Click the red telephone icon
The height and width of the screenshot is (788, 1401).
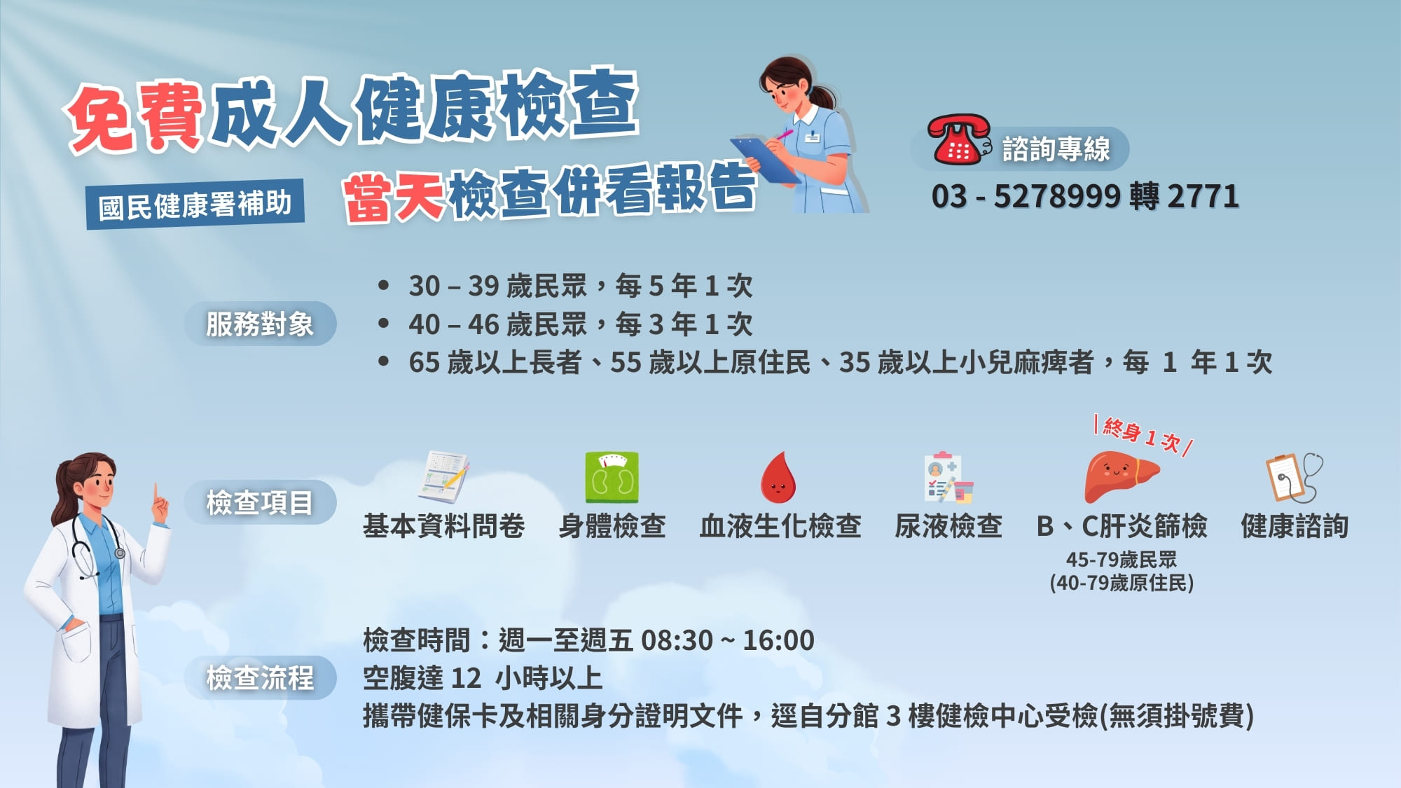click(x=958, y=141)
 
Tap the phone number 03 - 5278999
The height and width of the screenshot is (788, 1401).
click(x=1026, y=197)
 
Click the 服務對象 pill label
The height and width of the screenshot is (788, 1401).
click(x=260, y=324)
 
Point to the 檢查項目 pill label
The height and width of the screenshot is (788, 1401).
click(x=260, y=502)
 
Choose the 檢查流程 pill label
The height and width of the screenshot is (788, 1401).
click(x=260, y=677)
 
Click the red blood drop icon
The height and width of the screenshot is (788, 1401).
click(x=778, y=478)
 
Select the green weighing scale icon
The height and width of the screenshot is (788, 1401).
click(x=612, y=478)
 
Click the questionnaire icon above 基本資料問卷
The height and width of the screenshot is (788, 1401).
click(x=443, y=477)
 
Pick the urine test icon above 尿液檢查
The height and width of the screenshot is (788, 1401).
click(x=948, y=478)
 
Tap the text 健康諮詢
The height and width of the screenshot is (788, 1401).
click(x=1295, y=526)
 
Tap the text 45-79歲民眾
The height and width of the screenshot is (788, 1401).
click(x=1121, y=560)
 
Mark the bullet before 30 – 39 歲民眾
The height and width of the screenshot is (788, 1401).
click(x=383, y=286)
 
